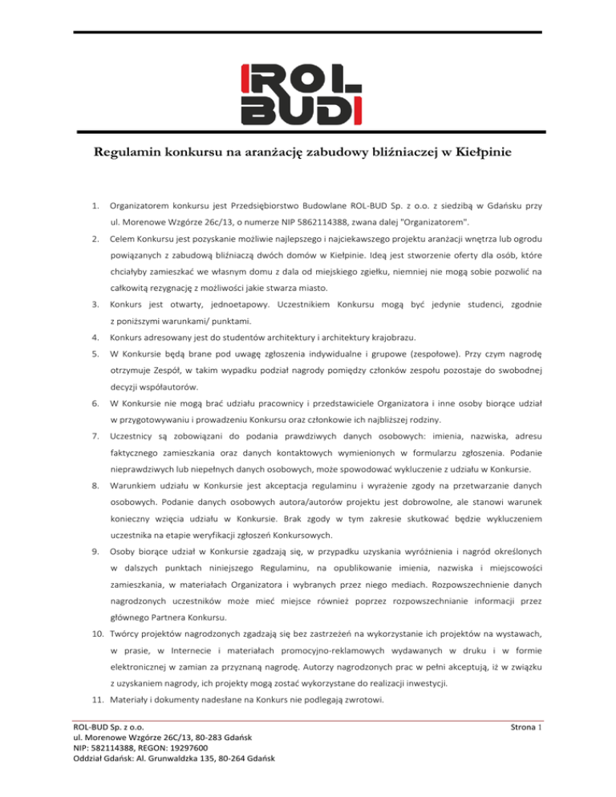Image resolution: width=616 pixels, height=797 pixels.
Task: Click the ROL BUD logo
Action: tap(308, 94)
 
